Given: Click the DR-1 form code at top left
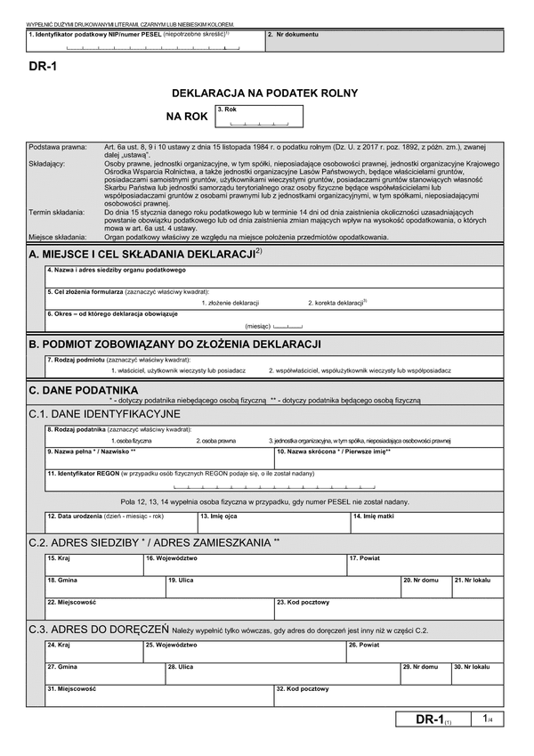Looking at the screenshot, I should point(43,77).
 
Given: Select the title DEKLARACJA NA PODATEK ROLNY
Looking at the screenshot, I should point(264,93).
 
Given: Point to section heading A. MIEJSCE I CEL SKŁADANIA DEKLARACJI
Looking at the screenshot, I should point(145,254).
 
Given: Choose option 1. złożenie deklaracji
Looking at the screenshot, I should point(230,303).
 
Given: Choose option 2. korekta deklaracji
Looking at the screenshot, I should point(337,303).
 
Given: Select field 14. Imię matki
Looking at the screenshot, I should point(425,524).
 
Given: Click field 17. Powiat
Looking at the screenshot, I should point(425,565).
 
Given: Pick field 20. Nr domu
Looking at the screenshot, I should point(425,587).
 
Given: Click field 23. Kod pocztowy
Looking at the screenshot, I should point(388,609).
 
